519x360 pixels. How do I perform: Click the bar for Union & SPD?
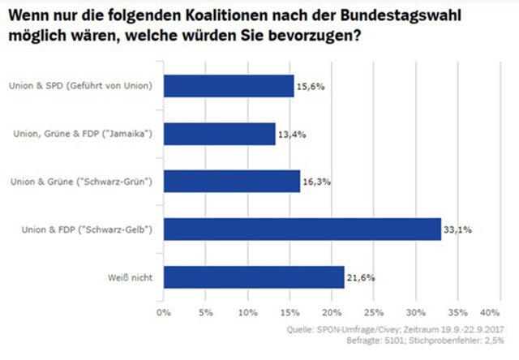pyautogui.click(x=229, y=85)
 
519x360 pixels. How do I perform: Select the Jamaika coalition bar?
pyautogui.click(x=220, y=134)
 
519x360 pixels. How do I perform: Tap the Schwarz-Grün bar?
pyautogui.click(x=232, y=182)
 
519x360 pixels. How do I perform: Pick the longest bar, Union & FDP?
pyautogui.click(x=302, y=229)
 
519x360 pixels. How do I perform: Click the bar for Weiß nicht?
pyautogui.click(x=254, y=277)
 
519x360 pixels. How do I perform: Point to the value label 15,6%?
pyautogui.click(x=309, y=86)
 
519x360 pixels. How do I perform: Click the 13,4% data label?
pyautogui.click(x=290, y=134)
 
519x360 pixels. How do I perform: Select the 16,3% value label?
pyautogui.click(x=315, y=182)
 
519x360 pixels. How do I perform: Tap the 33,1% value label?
pyautogui.click(x=456, y=230)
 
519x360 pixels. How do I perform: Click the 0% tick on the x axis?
pyautogui.click(x=164, y=312)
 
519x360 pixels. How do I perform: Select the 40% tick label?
pyautogui.click(x=490, y=312)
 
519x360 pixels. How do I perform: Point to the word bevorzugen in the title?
pyautogui.click(x=312, y=36)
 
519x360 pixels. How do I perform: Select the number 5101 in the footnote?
pyautogui.click(x=388, y=341)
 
